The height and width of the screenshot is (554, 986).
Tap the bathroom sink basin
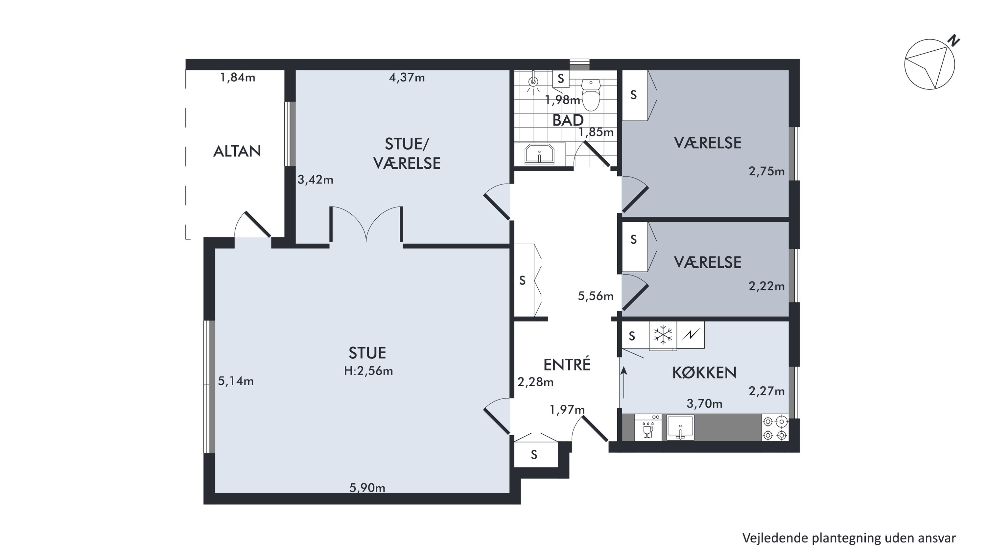(539, 154)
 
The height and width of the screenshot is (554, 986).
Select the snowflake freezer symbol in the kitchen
(663, 335)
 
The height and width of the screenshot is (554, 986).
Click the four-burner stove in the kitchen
(775, 428)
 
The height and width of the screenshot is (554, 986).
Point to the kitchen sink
(680, 428)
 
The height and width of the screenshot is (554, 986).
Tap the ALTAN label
(237, 151)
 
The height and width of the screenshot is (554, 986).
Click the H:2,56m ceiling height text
(368, 371)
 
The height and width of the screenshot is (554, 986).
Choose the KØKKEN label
(704, 373)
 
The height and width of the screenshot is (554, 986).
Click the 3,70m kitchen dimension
(704, 403)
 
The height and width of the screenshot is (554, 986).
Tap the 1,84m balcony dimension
(237, 78)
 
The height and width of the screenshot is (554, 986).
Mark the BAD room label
(568, 120)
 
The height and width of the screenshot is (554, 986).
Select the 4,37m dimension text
(407, 78)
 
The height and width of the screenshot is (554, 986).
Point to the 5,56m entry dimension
(596, 296)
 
